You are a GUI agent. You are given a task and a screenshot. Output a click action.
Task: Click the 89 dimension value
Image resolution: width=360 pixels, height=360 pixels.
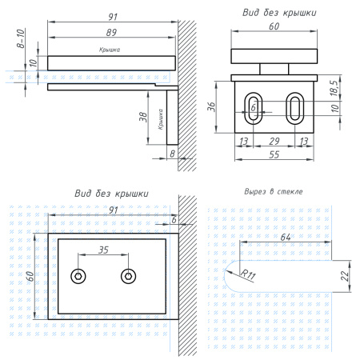click(111, 32)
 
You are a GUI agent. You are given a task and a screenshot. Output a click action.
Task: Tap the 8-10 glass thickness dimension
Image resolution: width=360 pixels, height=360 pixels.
click(21, 38)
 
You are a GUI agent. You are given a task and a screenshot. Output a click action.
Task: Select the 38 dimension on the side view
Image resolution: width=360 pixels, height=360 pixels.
click(143, 117)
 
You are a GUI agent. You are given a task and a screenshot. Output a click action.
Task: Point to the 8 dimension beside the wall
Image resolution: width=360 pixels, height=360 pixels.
click(173, 154)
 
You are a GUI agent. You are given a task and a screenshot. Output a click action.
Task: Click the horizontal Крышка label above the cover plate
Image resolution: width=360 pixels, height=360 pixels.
click(110, 50)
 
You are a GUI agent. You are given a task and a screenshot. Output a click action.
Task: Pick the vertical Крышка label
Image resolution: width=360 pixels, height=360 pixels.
click(160, 119)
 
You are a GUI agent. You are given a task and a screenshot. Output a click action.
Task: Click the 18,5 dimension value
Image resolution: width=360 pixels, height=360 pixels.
click(334, 88)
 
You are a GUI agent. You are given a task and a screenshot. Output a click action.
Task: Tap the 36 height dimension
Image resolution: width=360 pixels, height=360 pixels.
click(211, 106)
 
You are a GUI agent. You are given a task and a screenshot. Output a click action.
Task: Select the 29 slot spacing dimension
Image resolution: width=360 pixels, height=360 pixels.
click(274, 141)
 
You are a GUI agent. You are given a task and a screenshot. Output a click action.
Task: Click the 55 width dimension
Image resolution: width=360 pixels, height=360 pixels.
click(274, 154)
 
